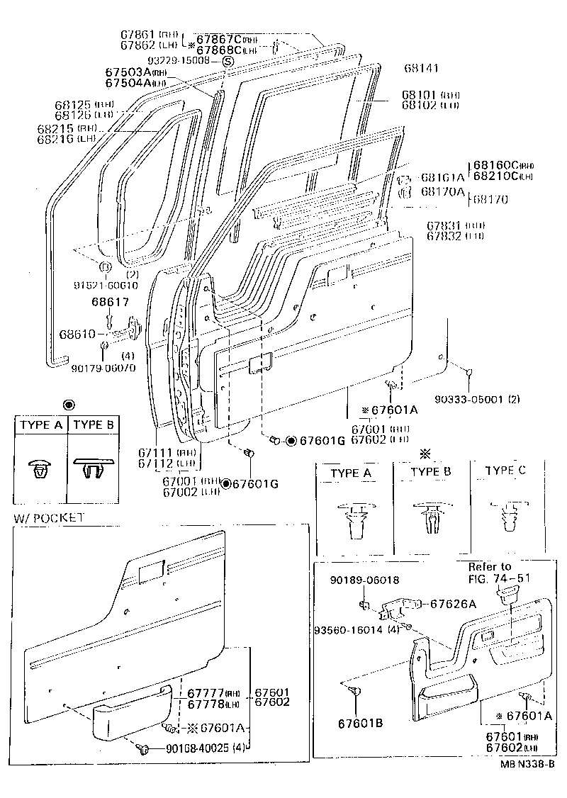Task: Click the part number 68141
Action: (x=422, y=69)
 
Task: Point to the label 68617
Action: (x=109, y=303)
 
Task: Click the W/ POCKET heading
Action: (x=48, y=518)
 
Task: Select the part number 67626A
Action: (x=450, y=604)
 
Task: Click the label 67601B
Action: (x=360, y=723)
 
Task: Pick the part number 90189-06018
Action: (x=364, y=580)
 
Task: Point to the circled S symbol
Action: (x=228, y=62)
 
